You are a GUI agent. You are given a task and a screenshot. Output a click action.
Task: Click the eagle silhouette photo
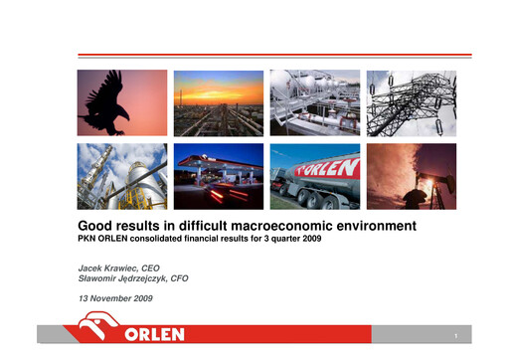(122, 102)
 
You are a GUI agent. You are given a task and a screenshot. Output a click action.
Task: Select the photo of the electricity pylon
(411, 102)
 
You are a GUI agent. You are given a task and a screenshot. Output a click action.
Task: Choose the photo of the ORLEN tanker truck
(315, 176)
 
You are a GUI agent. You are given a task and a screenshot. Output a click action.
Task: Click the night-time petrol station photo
(219, 176)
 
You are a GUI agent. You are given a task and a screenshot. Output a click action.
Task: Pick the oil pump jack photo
(411, 176)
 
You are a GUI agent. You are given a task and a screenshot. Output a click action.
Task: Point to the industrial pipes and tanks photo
(315, 102)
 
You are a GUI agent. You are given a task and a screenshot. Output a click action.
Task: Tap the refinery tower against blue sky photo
(122, 176)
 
